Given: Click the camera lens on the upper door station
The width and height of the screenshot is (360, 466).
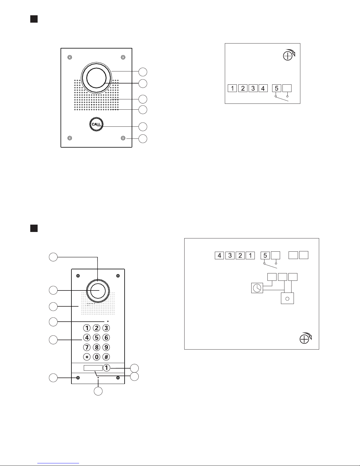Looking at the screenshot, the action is (x=96, y=78).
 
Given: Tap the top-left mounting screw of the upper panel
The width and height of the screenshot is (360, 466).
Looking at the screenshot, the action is (x=70, y=57).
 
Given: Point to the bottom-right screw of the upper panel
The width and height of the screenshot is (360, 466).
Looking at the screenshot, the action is (x=123, y=138).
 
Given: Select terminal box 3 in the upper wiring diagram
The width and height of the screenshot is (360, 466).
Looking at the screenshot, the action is (x=253, y=88).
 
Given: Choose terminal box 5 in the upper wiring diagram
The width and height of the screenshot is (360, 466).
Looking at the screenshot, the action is (x=277, y=88).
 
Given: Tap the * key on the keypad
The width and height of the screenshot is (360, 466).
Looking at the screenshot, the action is (x=87, y=357).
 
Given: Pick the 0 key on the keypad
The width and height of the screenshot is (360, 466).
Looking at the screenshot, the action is (x=97, y=357).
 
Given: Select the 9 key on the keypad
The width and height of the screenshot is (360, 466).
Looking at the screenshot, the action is (x=106, y=347).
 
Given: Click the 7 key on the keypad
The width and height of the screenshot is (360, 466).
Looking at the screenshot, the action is (x=87, y=347).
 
